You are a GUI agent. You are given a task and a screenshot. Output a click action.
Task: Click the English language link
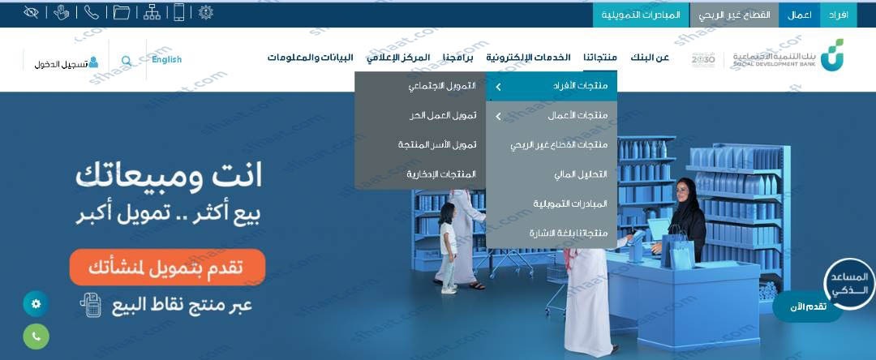166,59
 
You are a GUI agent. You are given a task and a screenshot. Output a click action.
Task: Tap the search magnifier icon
127,60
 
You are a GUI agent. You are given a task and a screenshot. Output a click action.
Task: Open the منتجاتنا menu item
600,58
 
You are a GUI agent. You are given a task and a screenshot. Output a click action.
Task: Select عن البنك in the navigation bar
650,58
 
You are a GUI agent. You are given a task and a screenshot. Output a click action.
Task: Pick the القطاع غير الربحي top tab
733,15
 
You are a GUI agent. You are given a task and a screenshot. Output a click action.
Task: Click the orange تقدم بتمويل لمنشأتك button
167,267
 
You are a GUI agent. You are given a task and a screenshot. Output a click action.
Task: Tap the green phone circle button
36,336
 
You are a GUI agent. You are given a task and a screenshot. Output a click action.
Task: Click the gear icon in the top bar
206,12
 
